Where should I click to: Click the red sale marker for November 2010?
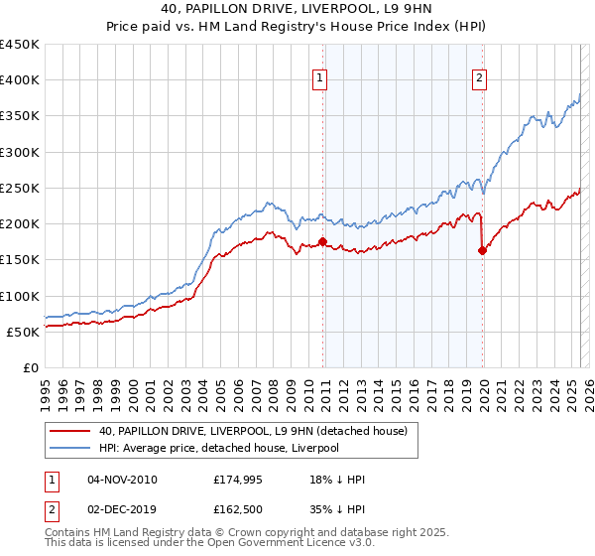pos(322,241)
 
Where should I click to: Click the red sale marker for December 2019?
pos(483,250)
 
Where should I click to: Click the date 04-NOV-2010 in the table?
pos(122,480)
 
